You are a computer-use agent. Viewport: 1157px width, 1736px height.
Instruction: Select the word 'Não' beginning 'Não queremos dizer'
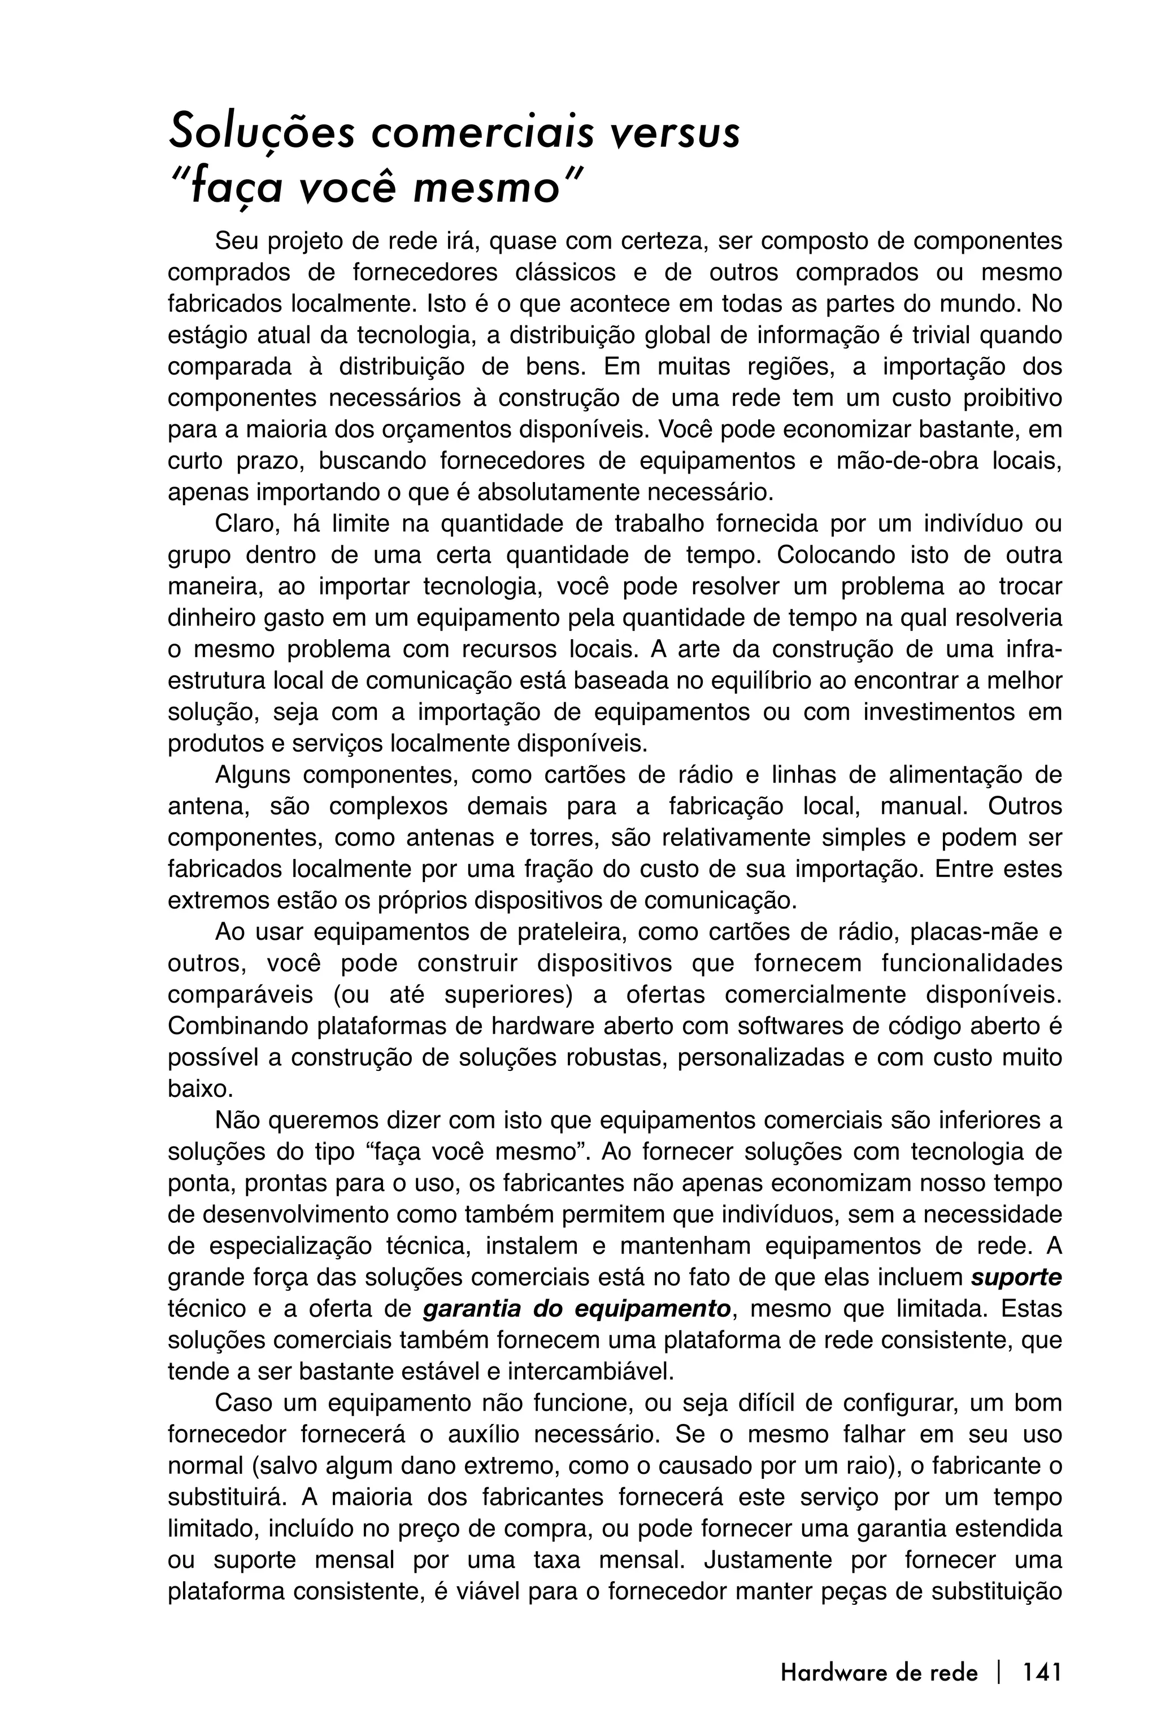pyautogui.click(x=237, y=1121)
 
